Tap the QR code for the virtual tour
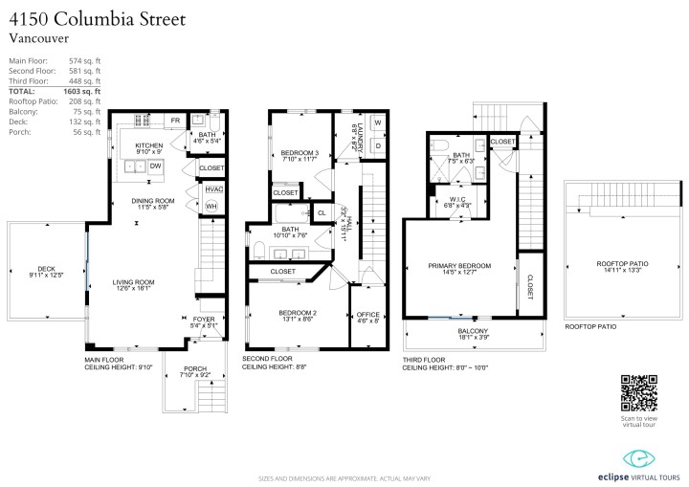(x=638, y=390)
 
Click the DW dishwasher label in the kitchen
(x=155, y=166)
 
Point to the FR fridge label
(x=175, y=121)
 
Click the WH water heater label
(x=211, y=206)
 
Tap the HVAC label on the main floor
(x=213, y=189)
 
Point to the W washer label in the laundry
(x=376, y=123)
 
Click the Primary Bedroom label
(x=461, y=265)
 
